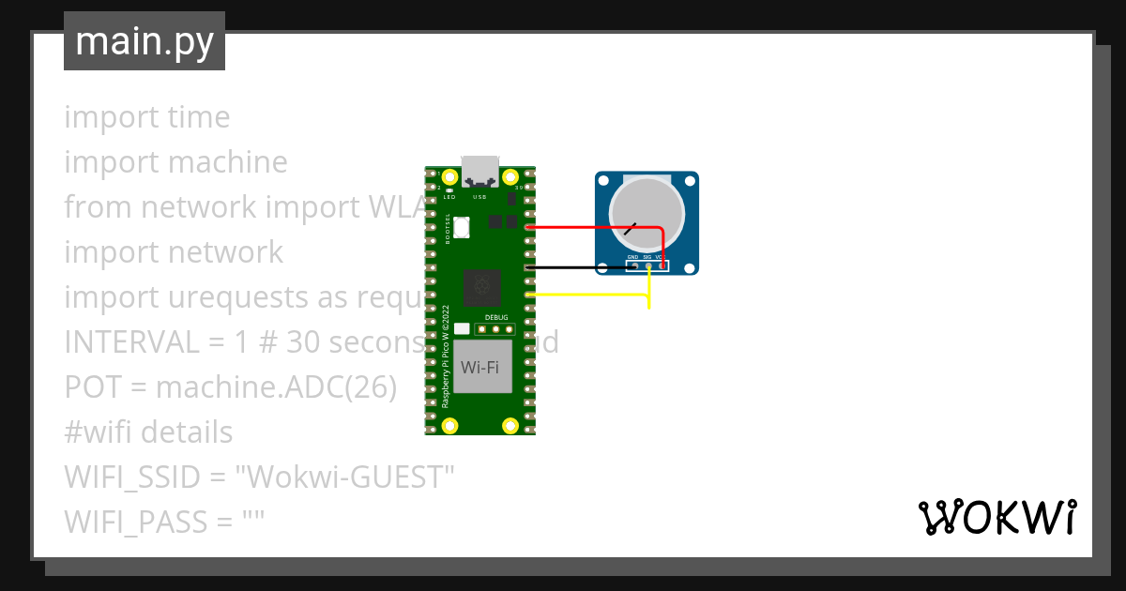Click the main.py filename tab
pos(144,41)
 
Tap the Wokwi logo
pos(997,517)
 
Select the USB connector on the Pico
pos(479,170)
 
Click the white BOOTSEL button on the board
pos(494,221)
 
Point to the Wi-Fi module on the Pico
pos(479,366)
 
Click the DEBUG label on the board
pos(495,318)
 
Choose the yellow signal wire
pos(591,295)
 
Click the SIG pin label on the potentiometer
pos(647,256)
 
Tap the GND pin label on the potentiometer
pos(632,256)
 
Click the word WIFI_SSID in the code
pos(132,477)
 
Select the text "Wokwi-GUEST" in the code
pos(344,477)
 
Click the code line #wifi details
pos(148,432)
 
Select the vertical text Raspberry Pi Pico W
pos(446,356)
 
